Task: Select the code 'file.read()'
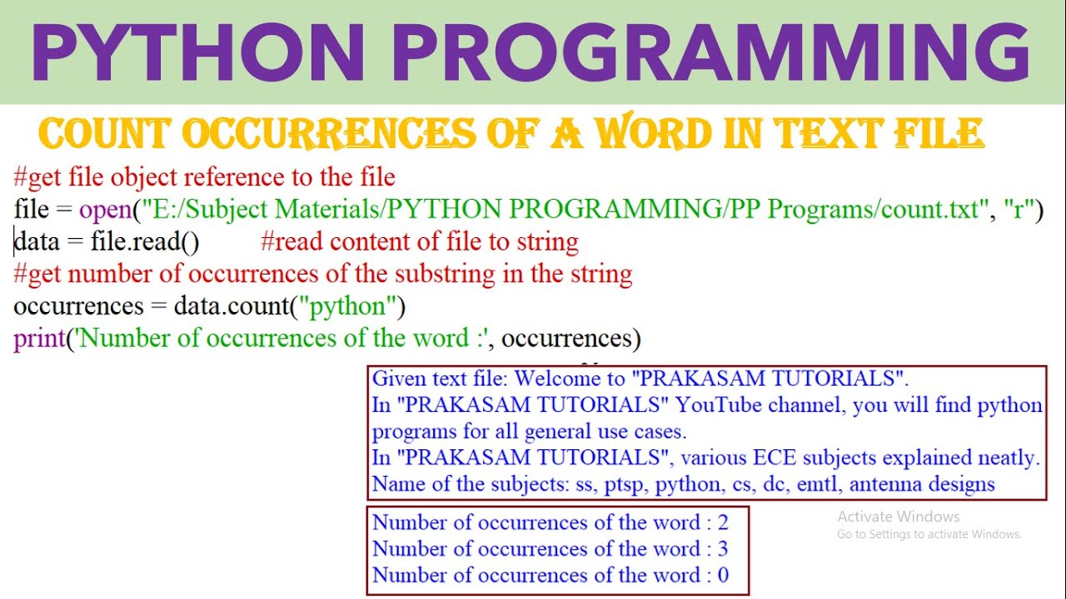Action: click(145, 242)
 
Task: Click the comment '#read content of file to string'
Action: click(419, 242)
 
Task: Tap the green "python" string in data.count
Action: click(348, 306)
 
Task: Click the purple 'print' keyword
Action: click(39, 339)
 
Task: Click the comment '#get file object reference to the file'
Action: click(204, 177)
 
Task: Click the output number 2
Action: click(723, 522)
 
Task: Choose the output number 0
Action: click(723, 575)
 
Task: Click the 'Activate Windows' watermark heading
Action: click(899, 517)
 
